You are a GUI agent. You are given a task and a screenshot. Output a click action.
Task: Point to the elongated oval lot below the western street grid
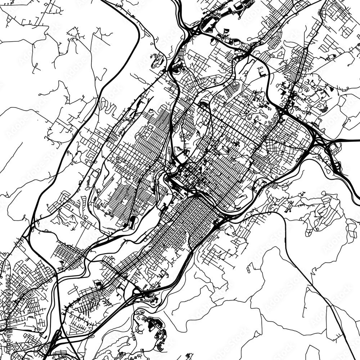click(132, 221)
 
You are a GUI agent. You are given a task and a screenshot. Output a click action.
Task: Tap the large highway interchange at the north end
click(191, 32)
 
